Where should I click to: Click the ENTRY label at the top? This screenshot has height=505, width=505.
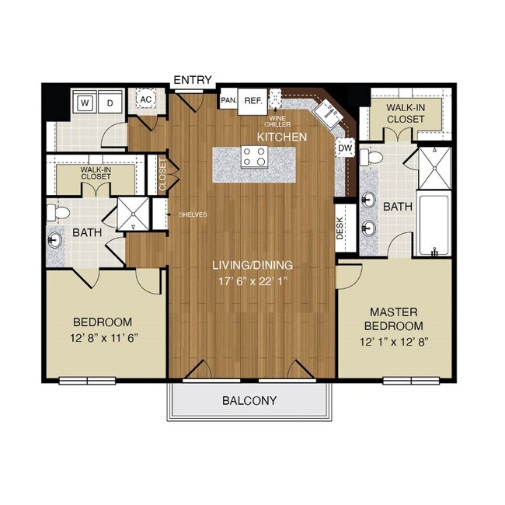[x=192, y=80]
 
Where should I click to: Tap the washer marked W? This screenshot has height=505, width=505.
[x=85, y=102]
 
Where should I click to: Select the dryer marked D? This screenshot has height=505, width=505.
[x=110, y=102]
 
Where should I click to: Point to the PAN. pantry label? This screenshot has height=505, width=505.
[x=228, y=100]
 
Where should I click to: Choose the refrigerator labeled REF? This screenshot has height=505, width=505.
[x=252, y=100]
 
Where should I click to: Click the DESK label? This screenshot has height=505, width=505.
[x=340, y=227]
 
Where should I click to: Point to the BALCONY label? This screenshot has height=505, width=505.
[x=249, y=401]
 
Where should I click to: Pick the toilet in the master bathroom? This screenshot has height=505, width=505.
[x=375, y=158]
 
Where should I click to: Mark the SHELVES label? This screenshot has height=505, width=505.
[x=192, y=215]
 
